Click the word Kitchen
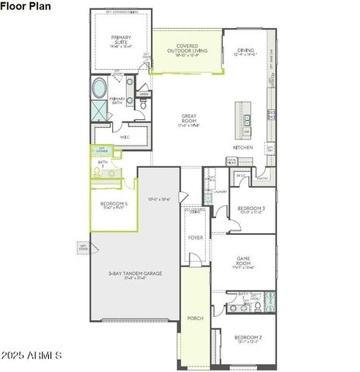(243, 146)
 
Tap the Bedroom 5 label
(113, 205)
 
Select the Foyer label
(195, 237)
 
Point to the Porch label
(195, 318)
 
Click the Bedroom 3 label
(251, 208)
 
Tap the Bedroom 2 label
(249, 338)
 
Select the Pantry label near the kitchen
(262, 179)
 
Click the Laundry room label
(220, 191)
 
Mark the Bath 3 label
(102, 164)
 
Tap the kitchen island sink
(247, 119)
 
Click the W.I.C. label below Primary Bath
(125, 137)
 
